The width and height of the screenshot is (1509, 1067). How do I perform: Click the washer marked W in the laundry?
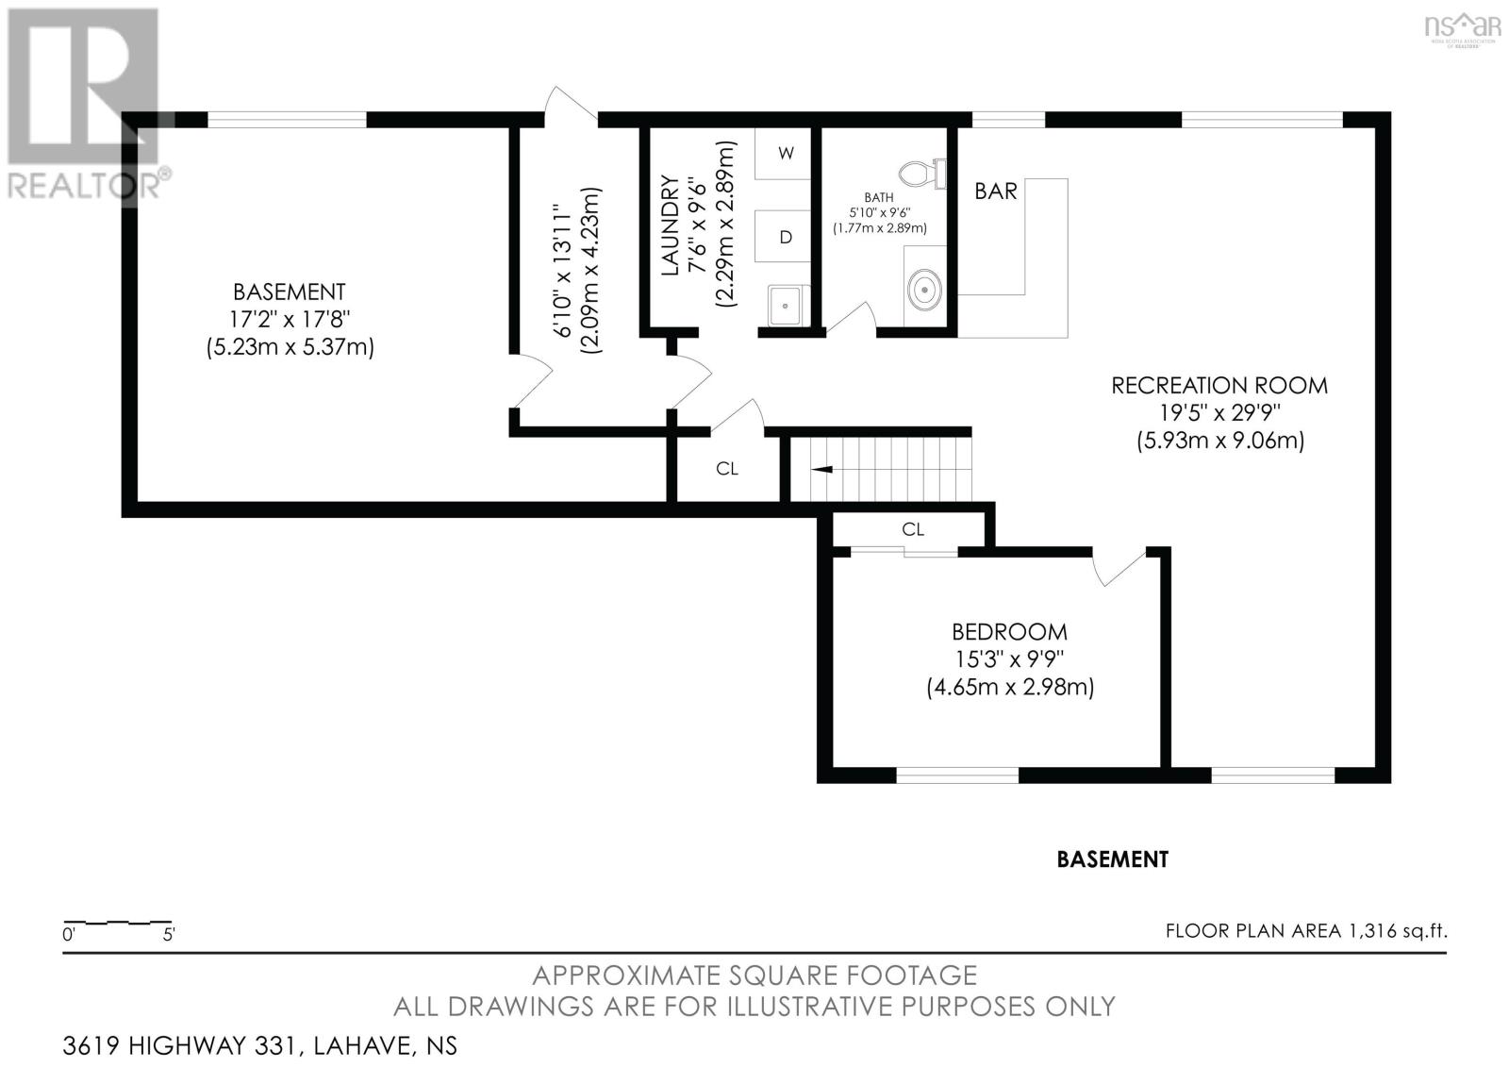coord(783,153)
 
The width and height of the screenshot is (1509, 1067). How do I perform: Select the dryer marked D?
coord(783,236)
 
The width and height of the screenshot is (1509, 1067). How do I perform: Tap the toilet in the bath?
coord(923,174)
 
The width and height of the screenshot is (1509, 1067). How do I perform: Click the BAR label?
coord(996,192)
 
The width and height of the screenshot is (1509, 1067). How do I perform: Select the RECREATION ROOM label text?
coord(1219,386)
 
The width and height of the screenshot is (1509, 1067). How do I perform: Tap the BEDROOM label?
coord(1009,631)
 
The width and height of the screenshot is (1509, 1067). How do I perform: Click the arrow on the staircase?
coord(822,469)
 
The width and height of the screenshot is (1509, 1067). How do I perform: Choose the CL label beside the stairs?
coord(727,469)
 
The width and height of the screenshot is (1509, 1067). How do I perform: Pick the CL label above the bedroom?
coord(913,529)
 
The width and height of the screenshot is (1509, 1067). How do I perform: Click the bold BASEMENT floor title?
coord(1112,859)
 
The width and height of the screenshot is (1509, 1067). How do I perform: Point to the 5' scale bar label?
coord(169,934)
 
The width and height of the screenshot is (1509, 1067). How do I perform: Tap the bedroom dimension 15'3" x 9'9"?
coord(1009,659)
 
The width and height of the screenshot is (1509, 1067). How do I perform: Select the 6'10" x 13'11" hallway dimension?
coord(562,271)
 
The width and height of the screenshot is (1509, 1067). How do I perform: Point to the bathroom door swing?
coord(850,317)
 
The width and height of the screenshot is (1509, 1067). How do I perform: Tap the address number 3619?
coord(91,1045)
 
